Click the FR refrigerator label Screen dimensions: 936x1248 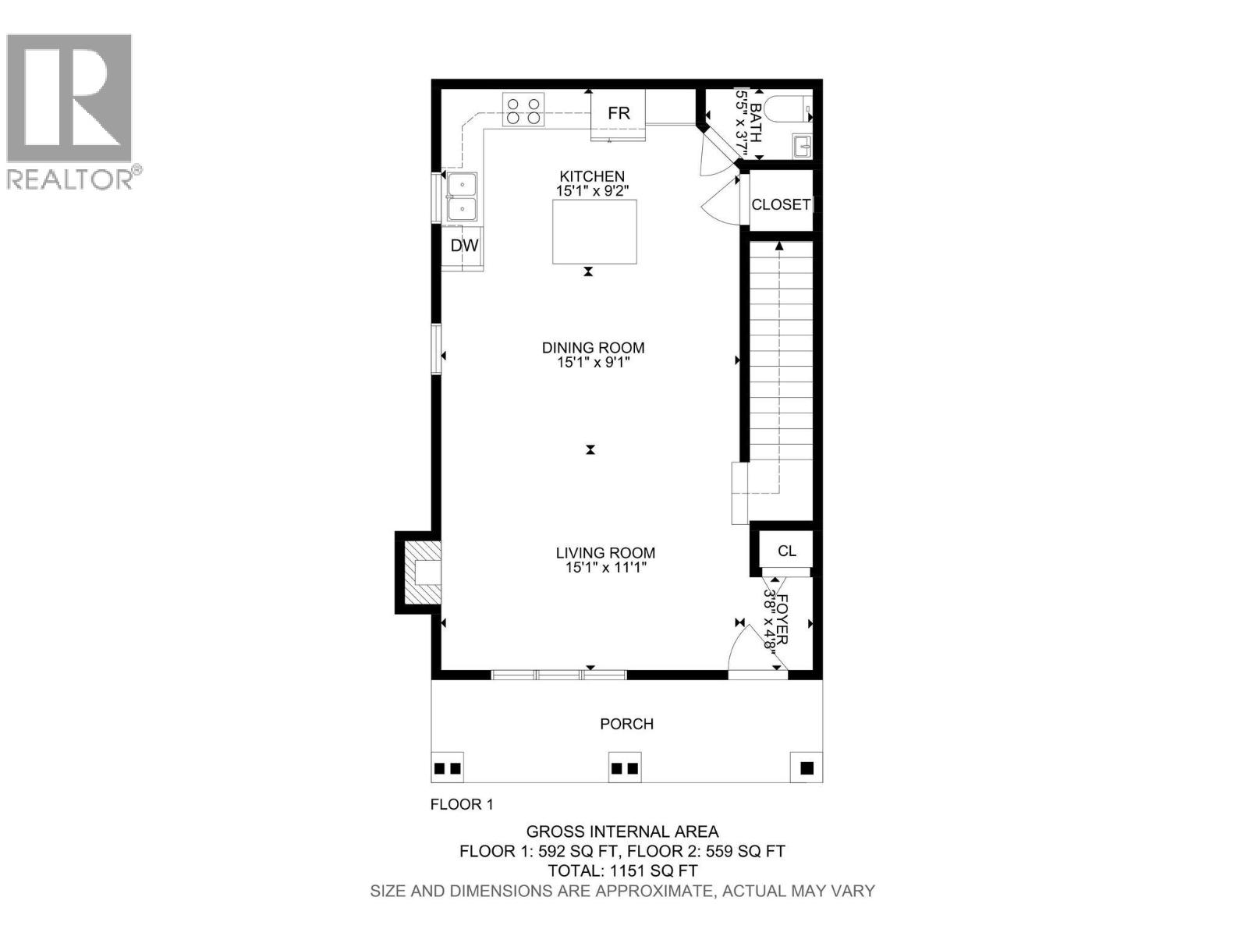[619, 114]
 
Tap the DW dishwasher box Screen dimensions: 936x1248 [464, 246]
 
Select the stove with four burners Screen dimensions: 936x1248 [523, 110]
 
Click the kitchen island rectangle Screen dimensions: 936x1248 [594, 232]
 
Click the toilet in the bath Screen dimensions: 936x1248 [788, 109]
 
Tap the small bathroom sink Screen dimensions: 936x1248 [802, 146]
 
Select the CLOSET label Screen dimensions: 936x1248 [781, 204]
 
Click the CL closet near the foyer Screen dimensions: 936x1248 [786, 551]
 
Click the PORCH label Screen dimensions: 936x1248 [626, 724]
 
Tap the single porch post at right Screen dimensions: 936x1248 [807, 768]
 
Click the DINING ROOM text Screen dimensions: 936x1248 [593, 348]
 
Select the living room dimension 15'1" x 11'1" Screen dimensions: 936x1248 [606, 568]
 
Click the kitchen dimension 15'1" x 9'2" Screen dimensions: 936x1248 [592, 190]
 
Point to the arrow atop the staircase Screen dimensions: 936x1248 [778, 246]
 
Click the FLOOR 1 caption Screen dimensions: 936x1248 [462, 804]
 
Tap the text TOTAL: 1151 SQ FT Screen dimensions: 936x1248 [622, 871]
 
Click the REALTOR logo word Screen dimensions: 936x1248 [70, 179]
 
